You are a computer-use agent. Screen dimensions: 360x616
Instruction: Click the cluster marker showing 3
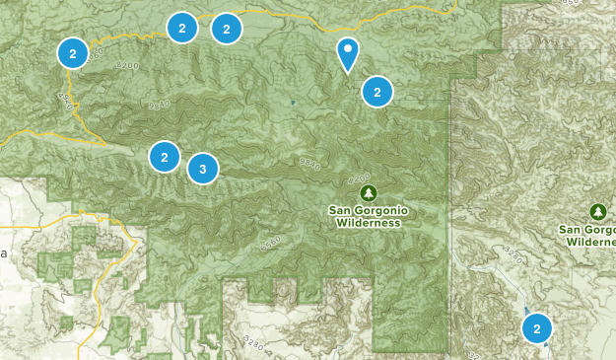[202, 169]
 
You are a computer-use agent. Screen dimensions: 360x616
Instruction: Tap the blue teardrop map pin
[347, 53]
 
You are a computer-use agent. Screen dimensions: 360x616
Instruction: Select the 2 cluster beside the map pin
[377, 92]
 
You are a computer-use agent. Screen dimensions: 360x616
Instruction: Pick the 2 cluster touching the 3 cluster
[165, 157]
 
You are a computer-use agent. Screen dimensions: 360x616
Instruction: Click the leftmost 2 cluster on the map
[72, 53]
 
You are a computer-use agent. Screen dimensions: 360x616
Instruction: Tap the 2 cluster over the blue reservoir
[536, 328]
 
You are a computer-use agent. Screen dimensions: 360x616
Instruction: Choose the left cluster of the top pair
[181, 28]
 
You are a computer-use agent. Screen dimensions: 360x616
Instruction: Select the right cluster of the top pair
[227, 30]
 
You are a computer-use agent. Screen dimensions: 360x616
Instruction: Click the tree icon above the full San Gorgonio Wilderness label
[368, 191]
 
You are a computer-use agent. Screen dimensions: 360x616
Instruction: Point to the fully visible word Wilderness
[368, 223]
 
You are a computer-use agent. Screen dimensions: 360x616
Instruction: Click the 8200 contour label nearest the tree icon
[359, 180]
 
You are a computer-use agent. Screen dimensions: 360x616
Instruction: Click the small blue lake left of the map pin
[293, 102]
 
